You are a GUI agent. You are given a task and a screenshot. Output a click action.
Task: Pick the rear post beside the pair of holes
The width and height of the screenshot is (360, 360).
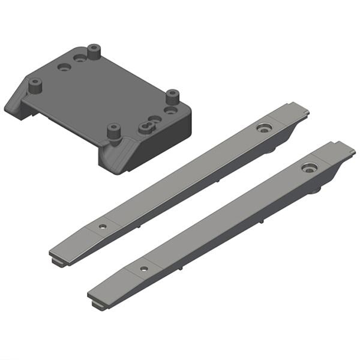(x=93, y=51)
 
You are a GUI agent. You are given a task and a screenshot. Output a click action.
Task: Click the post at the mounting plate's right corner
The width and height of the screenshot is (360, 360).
(x=173, y=96)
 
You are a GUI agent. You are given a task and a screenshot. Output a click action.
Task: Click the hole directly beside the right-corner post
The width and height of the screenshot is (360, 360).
(x=172, y=111)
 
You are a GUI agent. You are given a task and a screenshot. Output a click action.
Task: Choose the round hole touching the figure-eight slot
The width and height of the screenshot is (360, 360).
(x=155, y=119)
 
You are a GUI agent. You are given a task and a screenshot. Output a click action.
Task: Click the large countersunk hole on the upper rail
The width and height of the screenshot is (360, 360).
(x=263, y=128)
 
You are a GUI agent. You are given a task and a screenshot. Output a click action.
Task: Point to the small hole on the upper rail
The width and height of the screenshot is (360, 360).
(x=103, y=227)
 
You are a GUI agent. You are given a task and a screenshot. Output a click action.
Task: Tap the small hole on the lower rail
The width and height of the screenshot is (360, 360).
(x=143, y=268)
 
